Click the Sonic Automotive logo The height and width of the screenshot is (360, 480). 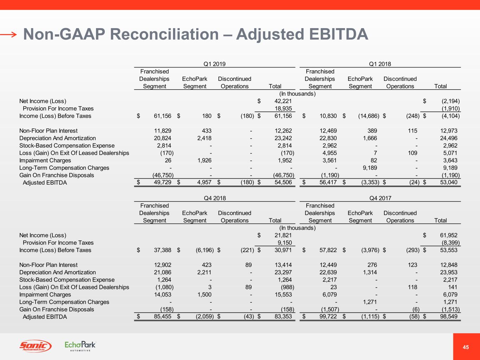(x=35, y=346)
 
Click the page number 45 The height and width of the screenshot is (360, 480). (x=466, y=347)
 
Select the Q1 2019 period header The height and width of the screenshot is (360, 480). (x=215, y=64)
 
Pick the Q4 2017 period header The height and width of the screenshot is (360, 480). (x=380, y=198)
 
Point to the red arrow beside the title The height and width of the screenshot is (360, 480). (x=8, y=34)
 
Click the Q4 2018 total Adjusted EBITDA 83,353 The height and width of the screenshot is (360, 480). (x=283, y=317)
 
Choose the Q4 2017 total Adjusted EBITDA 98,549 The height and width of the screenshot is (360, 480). (x=448, y=317)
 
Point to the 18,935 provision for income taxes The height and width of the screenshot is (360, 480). (x=283, y=109)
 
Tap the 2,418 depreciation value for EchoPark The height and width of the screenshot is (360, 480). (x=204, y=138)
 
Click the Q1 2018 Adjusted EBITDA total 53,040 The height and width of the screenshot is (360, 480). (x=448, y=182)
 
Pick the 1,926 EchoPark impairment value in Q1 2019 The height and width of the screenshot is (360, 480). (x=204, y=160)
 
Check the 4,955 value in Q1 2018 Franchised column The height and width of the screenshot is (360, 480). (x=329, y=153)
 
